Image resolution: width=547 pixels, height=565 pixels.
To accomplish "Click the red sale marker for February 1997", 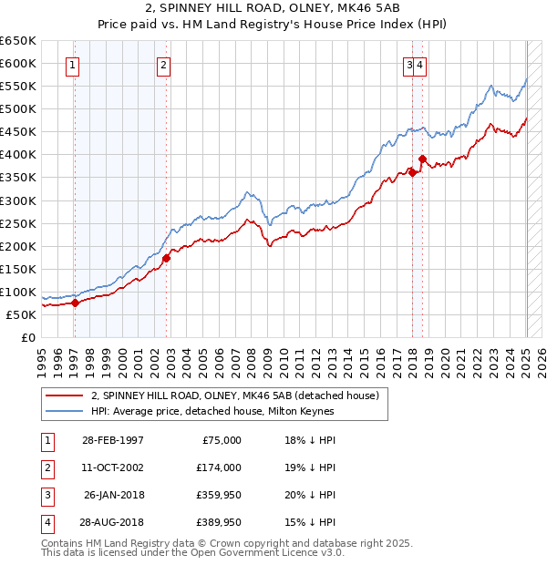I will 76,303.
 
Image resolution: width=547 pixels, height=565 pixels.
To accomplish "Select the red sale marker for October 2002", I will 166,258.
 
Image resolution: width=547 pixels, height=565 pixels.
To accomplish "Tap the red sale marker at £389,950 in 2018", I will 422,159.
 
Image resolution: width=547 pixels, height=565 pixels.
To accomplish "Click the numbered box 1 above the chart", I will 72,64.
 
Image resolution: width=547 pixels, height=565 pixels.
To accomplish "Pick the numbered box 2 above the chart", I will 162,64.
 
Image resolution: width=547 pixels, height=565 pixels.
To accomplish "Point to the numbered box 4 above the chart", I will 423,64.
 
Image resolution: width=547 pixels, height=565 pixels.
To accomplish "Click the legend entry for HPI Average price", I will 212,411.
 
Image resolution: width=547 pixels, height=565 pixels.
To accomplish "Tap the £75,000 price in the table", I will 221,440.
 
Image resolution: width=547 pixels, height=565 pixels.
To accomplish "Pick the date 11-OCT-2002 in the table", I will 112,467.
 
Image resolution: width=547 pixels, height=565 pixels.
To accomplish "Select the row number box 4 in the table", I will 46,522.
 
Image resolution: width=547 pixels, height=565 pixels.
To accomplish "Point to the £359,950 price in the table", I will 217,495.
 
